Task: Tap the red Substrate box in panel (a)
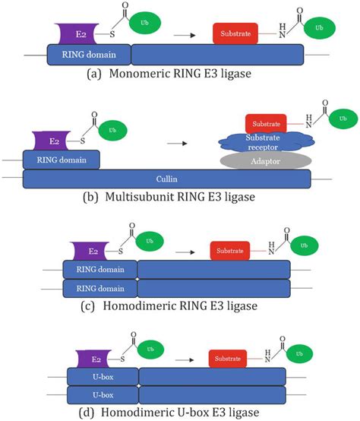pos(235,33)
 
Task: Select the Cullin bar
pos(167,179)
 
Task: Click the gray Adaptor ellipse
pos(266,161)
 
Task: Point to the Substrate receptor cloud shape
pos(266,142)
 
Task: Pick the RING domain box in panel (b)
pos(62,160)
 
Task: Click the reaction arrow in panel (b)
pos(177,144)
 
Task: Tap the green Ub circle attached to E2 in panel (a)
pos(145,23)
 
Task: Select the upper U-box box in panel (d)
pos(103,377)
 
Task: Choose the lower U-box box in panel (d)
pos(103,395)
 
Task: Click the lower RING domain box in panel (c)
pos(100,288)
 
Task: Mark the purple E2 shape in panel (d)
pos(94,359)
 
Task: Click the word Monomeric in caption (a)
pos(140,74)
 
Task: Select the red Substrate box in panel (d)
pos(228,359)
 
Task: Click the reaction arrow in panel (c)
pos(185,252)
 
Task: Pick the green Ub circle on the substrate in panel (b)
pos(343,119)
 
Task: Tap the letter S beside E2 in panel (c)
pos(121,252)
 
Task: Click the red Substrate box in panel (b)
pos(266,124)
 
